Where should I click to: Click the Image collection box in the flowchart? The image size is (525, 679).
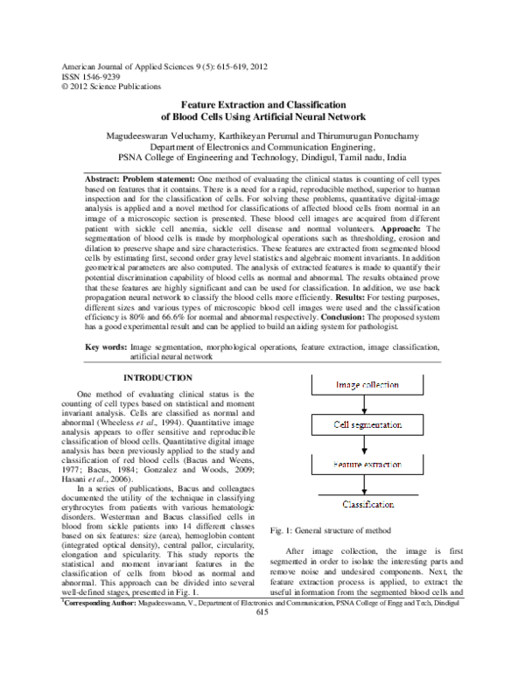click(x=367, y=385)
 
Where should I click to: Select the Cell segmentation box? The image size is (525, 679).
click(x=367, y=424)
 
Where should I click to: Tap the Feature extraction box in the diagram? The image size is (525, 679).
click(x=367, y=465)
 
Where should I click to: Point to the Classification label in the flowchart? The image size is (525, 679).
click(x=367, y=505)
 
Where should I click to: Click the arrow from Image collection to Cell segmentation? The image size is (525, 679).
click(x=367, y=404)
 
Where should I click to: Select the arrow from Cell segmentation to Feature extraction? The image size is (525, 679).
click(x=367, y=444)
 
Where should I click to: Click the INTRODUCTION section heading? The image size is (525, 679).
click(x=157, y=377)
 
